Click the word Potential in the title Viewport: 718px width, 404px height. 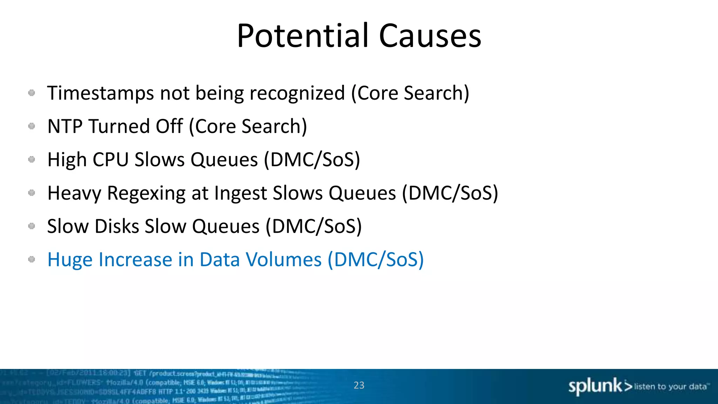click(x=303, y=36)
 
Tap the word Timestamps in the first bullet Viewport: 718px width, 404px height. click(x=101, y=93)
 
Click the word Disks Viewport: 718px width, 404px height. click(x=117, y=227)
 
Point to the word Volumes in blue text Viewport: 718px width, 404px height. click(x=283, y=260)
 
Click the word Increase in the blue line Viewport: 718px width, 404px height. click(x=135, y=260)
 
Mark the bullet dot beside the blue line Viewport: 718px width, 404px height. click(x=32, y=260)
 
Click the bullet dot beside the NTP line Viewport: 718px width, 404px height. click(x=32, y=126)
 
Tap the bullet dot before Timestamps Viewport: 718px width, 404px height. click(x=32, y=93)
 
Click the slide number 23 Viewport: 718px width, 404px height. click(x=359, y=385)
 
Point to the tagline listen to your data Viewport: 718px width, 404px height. click(x=670, y=386)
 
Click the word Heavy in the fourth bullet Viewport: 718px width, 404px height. click(x=74, y=193)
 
